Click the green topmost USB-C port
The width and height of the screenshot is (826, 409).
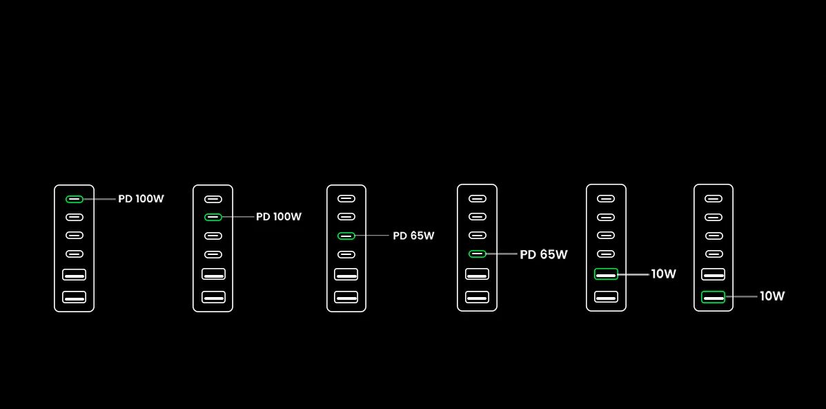coord(75,199)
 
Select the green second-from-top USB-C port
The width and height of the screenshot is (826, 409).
coord(213,217)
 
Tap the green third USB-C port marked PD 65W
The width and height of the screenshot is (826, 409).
coord(346,236)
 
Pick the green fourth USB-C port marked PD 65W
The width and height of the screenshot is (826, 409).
coord(478,254)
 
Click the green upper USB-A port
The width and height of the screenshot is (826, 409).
coord(606,274)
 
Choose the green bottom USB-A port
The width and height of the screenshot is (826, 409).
coord(714,296)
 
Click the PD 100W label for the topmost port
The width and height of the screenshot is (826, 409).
coord(141,199)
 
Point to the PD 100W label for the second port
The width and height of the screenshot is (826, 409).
coord(279,217)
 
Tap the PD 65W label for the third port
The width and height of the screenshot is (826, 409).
coord(413,236)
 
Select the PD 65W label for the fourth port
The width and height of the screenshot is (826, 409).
coord(544,254)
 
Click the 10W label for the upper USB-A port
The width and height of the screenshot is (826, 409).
coord(663,274)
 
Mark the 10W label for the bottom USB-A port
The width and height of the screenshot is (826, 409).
coord(772,296)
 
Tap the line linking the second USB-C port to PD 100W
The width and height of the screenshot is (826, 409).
coord(237,217)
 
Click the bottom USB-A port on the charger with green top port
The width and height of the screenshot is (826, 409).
coord(75,296)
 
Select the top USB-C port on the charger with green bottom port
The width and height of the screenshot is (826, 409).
coord(714,198)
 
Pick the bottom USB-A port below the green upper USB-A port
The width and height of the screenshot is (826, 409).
coord(606,296)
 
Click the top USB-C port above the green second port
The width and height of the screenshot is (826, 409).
coord(213,199)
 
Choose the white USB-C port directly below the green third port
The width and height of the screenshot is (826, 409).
coord(346,254)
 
